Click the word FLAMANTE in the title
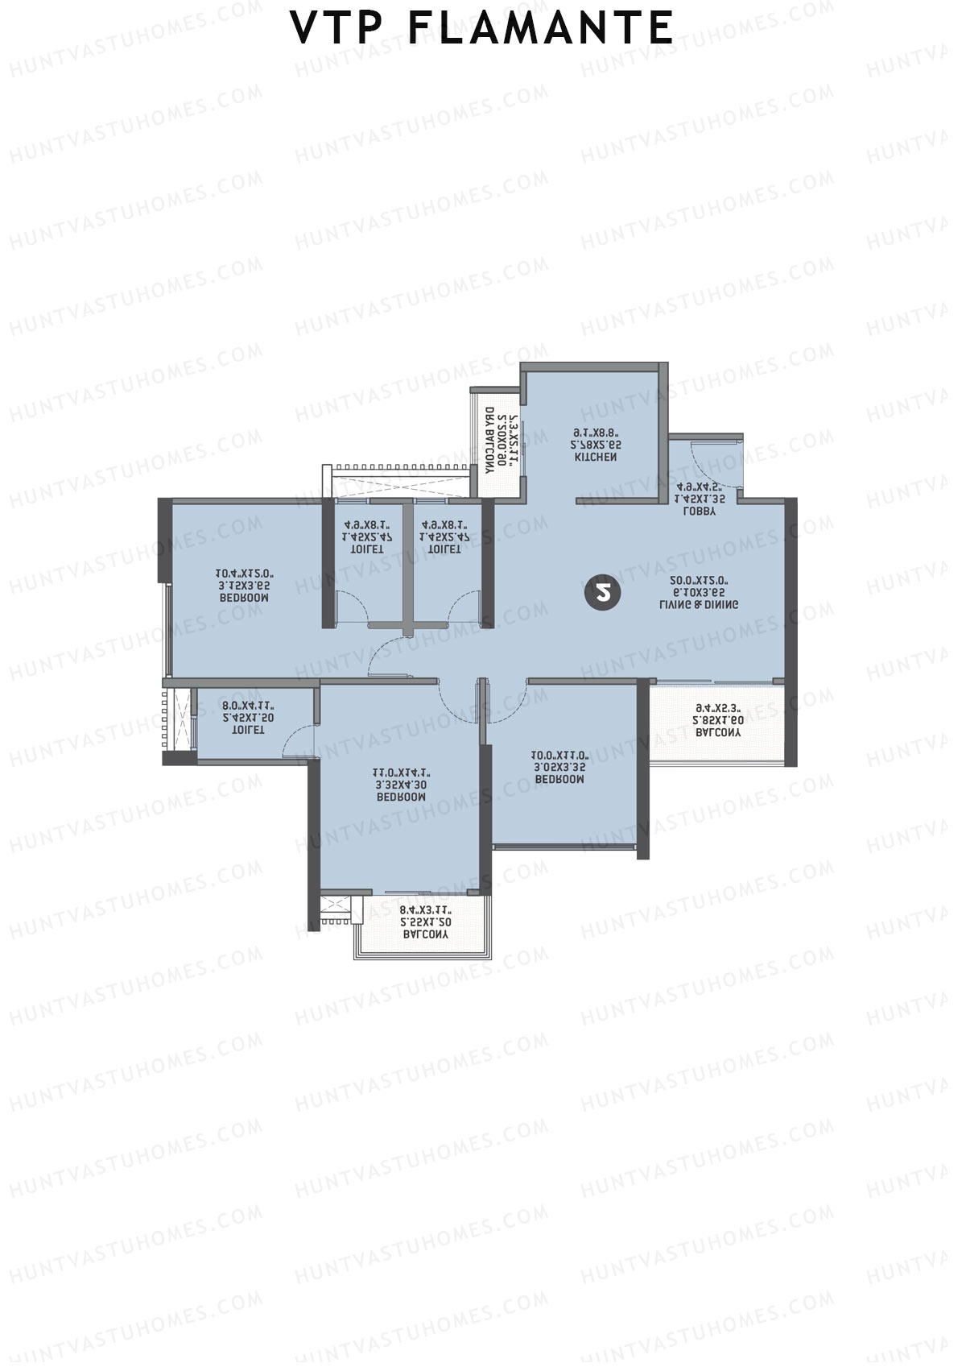tap(541, 29)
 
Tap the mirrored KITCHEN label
tap(596, 458)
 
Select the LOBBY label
tap(699, 512)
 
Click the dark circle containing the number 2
tap(603, 594)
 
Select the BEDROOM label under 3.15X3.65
tap(244, 599)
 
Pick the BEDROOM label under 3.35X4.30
tap(401, 797)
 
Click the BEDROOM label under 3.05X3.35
tap(559, 780)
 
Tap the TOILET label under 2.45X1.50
tap(247, 730)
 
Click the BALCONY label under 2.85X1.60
tap(718, 733)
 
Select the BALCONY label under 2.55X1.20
tap(425, 935)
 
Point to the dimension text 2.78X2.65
tap(596, 445)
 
